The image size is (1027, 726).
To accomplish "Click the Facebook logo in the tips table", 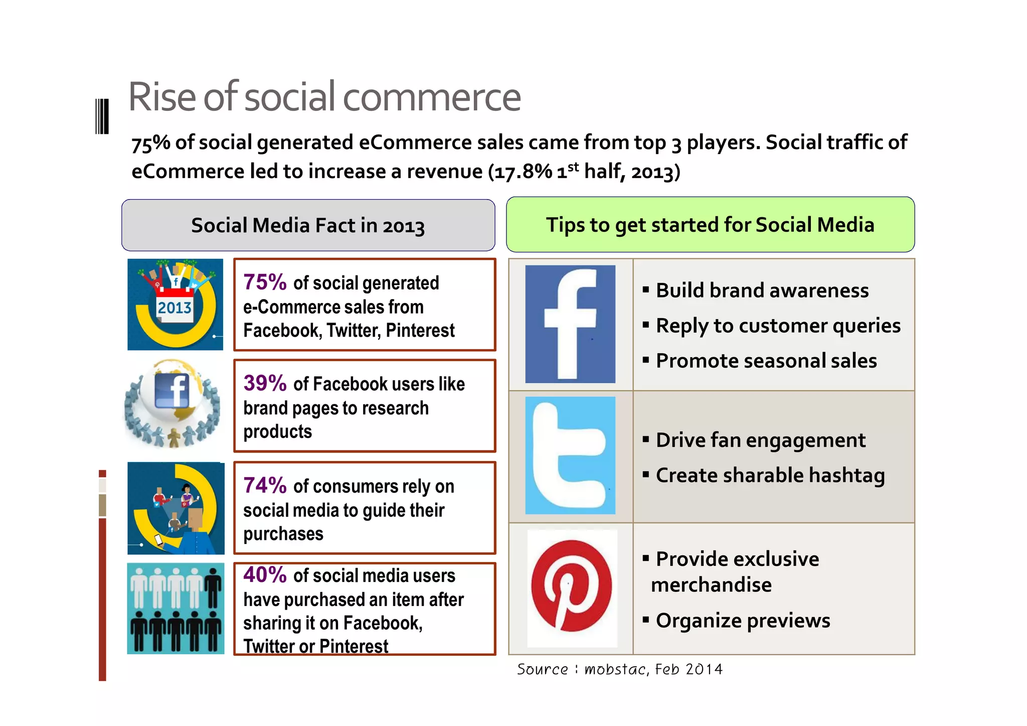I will [x=570, y=324].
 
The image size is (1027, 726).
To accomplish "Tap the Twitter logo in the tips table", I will [x=570, y=456].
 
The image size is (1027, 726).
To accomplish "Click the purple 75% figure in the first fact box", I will [x=265, y=282].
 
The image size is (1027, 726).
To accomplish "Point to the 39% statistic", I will [x=265, y=383].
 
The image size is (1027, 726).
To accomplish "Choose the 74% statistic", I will [x=265, y=486].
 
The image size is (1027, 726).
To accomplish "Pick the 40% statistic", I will [x=265, y=575].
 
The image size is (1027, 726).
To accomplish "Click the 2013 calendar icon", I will [x=175, y=305].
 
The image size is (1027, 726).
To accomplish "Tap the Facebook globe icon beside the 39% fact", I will [x=172, y=403].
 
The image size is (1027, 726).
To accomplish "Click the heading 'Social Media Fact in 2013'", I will [x=308, y=225].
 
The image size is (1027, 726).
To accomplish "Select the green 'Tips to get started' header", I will [x=710, y=225].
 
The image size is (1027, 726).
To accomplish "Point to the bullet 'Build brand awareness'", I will [x=762, y=291].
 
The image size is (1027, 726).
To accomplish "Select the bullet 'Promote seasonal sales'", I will [x=766, y=361].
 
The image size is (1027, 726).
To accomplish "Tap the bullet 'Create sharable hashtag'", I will [x=770, y=475].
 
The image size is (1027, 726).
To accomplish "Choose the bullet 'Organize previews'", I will [x=743, y=621].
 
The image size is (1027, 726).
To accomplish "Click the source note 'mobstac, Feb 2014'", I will [x=653, y=669].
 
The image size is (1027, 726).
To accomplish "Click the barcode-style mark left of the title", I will [x=102, y=116].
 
